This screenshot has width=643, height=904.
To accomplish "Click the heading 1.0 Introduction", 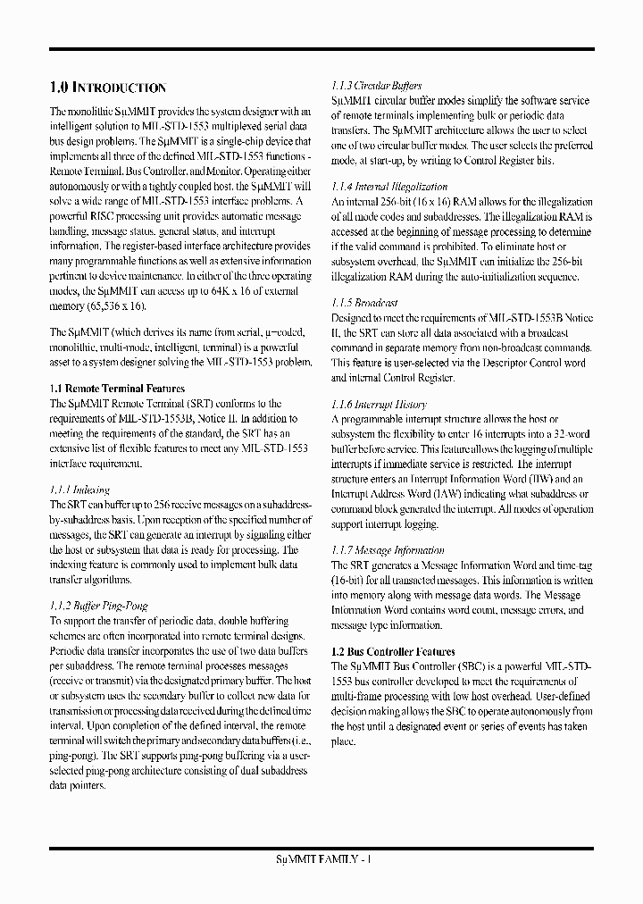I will coord(107,88).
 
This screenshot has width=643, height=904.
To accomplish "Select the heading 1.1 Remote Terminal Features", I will coord(117,389).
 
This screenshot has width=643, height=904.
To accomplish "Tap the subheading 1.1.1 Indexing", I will coord(79,490).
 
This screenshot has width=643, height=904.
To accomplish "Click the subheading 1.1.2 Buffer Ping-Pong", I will coord(98,605).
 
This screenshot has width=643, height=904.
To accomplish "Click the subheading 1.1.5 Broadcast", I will coord(364,303).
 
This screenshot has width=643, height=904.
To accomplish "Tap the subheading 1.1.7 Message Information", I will coord(388,550).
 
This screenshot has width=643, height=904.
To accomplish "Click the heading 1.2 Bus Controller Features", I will coord(393,652).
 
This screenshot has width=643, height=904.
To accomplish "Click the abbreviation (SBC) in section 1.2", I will coord(471,666).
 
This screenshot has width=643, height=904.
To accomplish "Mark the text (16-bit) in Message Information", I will coord(350,580).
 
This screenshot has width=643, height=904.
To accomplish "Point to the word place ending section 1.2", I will coord(344,741).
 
